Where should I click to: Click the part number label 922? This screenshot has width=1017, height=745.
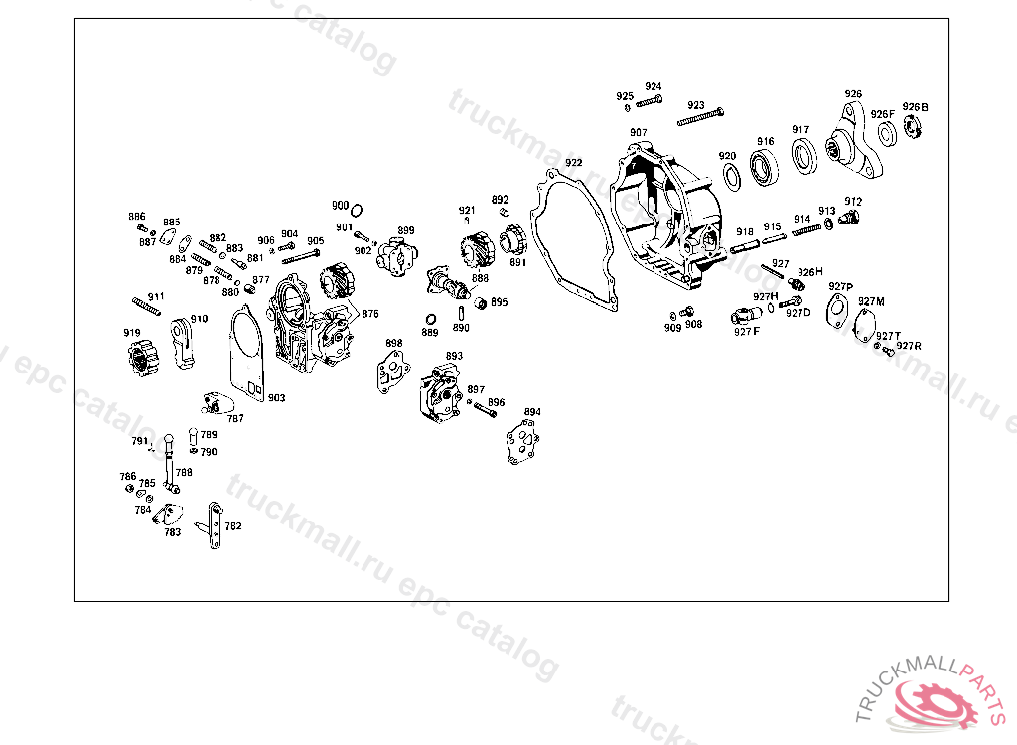[574, 163]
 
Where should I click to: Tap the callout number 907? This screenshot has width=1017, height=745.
[638, 132]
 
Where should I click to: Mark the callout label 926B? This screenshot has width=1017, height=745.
[915, 107]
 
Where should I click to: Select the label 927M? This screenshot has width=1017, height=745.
[871, 301]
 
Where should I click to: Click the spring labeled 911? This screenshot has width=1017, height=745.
[146, 305]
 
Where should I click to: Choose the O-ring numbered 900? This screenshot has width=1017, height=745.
[357, 210]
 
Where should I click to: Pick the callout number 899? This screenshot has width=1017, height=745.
[406, 230]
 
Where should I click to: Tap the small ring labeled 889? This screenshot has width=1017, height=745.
[431, 319]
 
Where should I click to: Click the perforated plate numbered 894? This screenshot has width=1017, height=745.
[522, 438]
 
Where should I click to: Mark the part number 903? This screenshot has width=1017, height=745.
[276, 397]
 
